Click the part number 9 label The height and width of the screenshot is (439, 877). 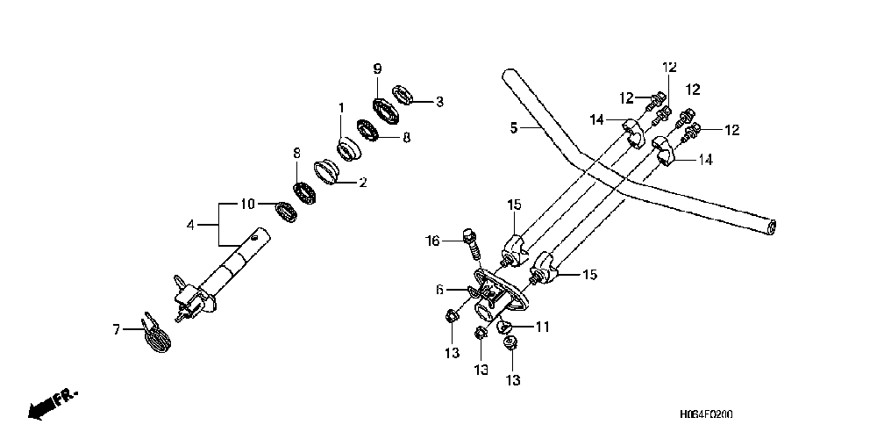[378, 69]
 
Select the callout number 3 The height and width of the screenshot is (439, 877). [439, 102]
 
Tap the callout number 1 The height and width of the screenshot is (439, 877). [341, 108]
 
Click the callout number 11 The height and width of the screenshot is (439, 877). [542, 327]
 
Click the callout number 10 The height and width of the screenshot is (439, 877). [248, 205]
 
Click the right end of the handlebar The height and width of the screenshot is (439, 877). [769, 227]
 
